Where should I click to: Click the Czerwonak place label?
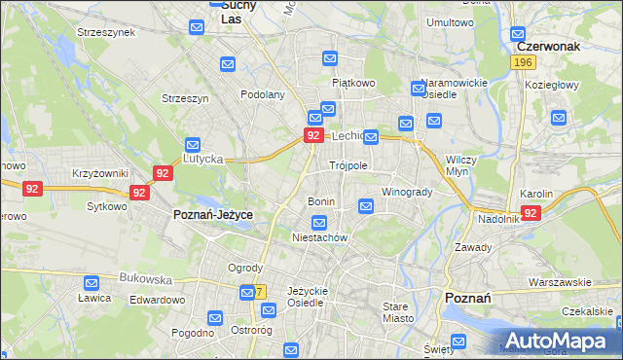(x=549, y=45)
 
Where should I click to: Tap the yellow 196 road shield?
(x=524, y=62)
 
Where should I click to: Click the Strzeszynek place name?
(x=106, y=32)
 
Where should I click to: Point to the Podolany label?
(x=263, y=94)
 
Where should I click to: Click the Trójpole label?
(x=348, y=165)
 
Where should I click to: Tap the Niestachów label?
(x=320, y=237)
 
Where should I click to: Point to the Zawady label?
(x=473, y=247)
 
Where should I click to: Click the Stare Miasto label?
(x=397, y=311)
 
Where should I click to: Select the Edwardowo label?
(x=157, y=300)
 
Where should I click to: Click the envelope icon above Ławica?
(x=91, y=285)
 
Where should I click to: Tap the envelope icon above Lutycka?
(x=193, y=145)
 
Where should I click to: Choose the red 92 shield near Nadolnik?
(x=531, y=212)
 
